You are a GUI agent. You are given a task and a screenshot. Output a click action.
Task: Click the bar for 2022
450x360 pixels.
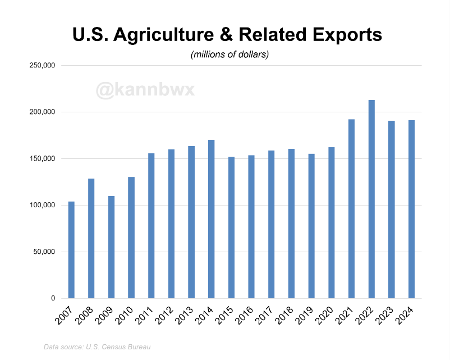tap(371, 199)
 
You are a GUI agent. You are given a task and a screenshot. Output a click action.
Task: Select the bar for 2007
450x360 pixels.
tap(71, 249)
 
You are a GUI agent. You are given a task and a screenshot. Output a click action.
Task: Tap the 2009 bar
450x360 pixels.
tap(111, 247)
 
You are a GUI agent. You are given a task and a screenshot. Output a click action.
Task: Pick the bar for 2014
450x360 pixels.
tap(212, 219)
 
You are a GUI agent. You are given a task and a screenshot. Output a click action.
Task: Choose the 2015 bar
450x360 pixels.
tap(231, 227)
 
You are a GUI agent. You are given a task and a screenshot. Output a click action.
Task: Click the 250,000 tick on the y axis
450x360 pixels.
tap(42, 65)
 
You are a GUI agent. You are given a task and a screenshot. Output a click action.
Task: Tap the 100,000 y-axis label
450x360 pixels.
tap(42, 205)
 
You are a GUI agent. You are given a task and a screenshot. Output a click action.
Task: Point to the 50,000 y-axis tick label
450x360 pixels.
tap(43, 252)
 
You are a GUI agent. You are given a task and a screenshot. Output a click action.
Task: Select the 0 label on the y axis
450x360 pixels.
tap(52, 298)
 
